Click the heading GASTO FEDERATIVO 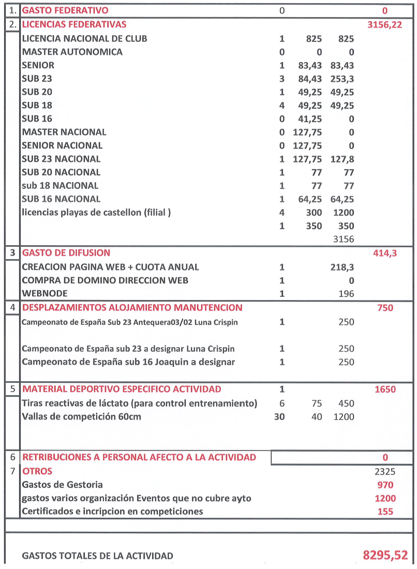(x=65, y=11)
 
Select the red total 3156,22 (x=384, y=24)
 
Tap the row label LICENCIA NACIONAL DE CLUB (x=84, y=39)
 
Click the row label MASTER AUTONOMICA (x=72, y=52)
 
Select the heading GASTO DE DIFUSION (x=66, y=253)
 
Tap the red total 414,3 (x=385, y=253)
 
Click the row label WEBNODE (x=42, y=294)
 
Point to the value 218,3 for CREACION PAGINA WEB (x=342, y=267)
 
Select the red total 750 (x=385, y=308)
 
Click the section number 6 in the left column (x=12, y=457)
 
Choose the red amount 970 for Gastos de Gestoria (x=385, y=485)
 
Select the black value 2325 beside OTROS (x=385, y=472)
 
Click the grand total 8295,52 (x=385, y=556)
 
